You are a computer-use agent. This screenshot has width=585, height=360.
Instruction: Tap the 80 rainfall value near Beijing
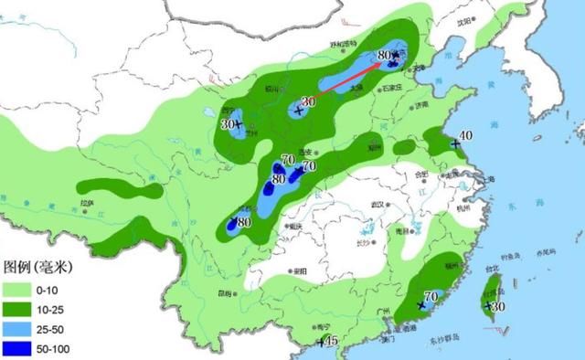tap(384, 57)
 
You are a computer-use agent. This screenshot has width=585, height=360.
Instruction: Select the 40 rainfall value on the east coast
tap(464, 136)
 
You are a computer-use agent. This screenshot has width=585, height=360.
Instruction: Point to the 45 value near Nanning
tap(332, 341)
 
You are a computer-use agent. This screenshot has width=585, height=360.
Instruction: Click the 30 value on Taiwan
tap(498, 306)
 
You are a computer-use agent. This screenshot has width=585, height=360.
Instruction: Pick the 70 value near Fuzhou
tap(432, 296)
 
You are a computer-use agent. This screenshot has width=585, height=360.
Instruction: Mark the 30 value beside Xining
tap(228, 123)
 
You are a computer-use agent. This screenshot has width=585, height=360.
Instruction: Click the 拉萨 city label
tap(88, 202)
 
